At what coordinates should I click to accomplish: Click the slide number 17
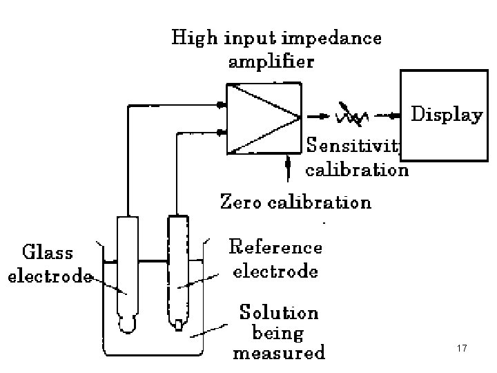click(x=462, y=349)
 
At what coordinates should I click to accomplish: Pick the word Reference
click(x=275, y=247)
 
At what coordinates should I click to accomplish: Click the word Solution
click(x=279, y=312)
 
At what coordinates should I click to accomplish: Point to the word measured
click(x=278, y=354)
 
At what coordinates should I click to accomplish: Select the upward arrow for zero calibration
click(x=287, y=164)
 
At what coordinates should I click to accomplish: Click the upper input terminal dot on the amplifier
click(x=220, y=105)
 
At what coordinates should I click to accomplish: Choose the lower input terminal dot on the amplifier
click(x=220, y=133)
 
